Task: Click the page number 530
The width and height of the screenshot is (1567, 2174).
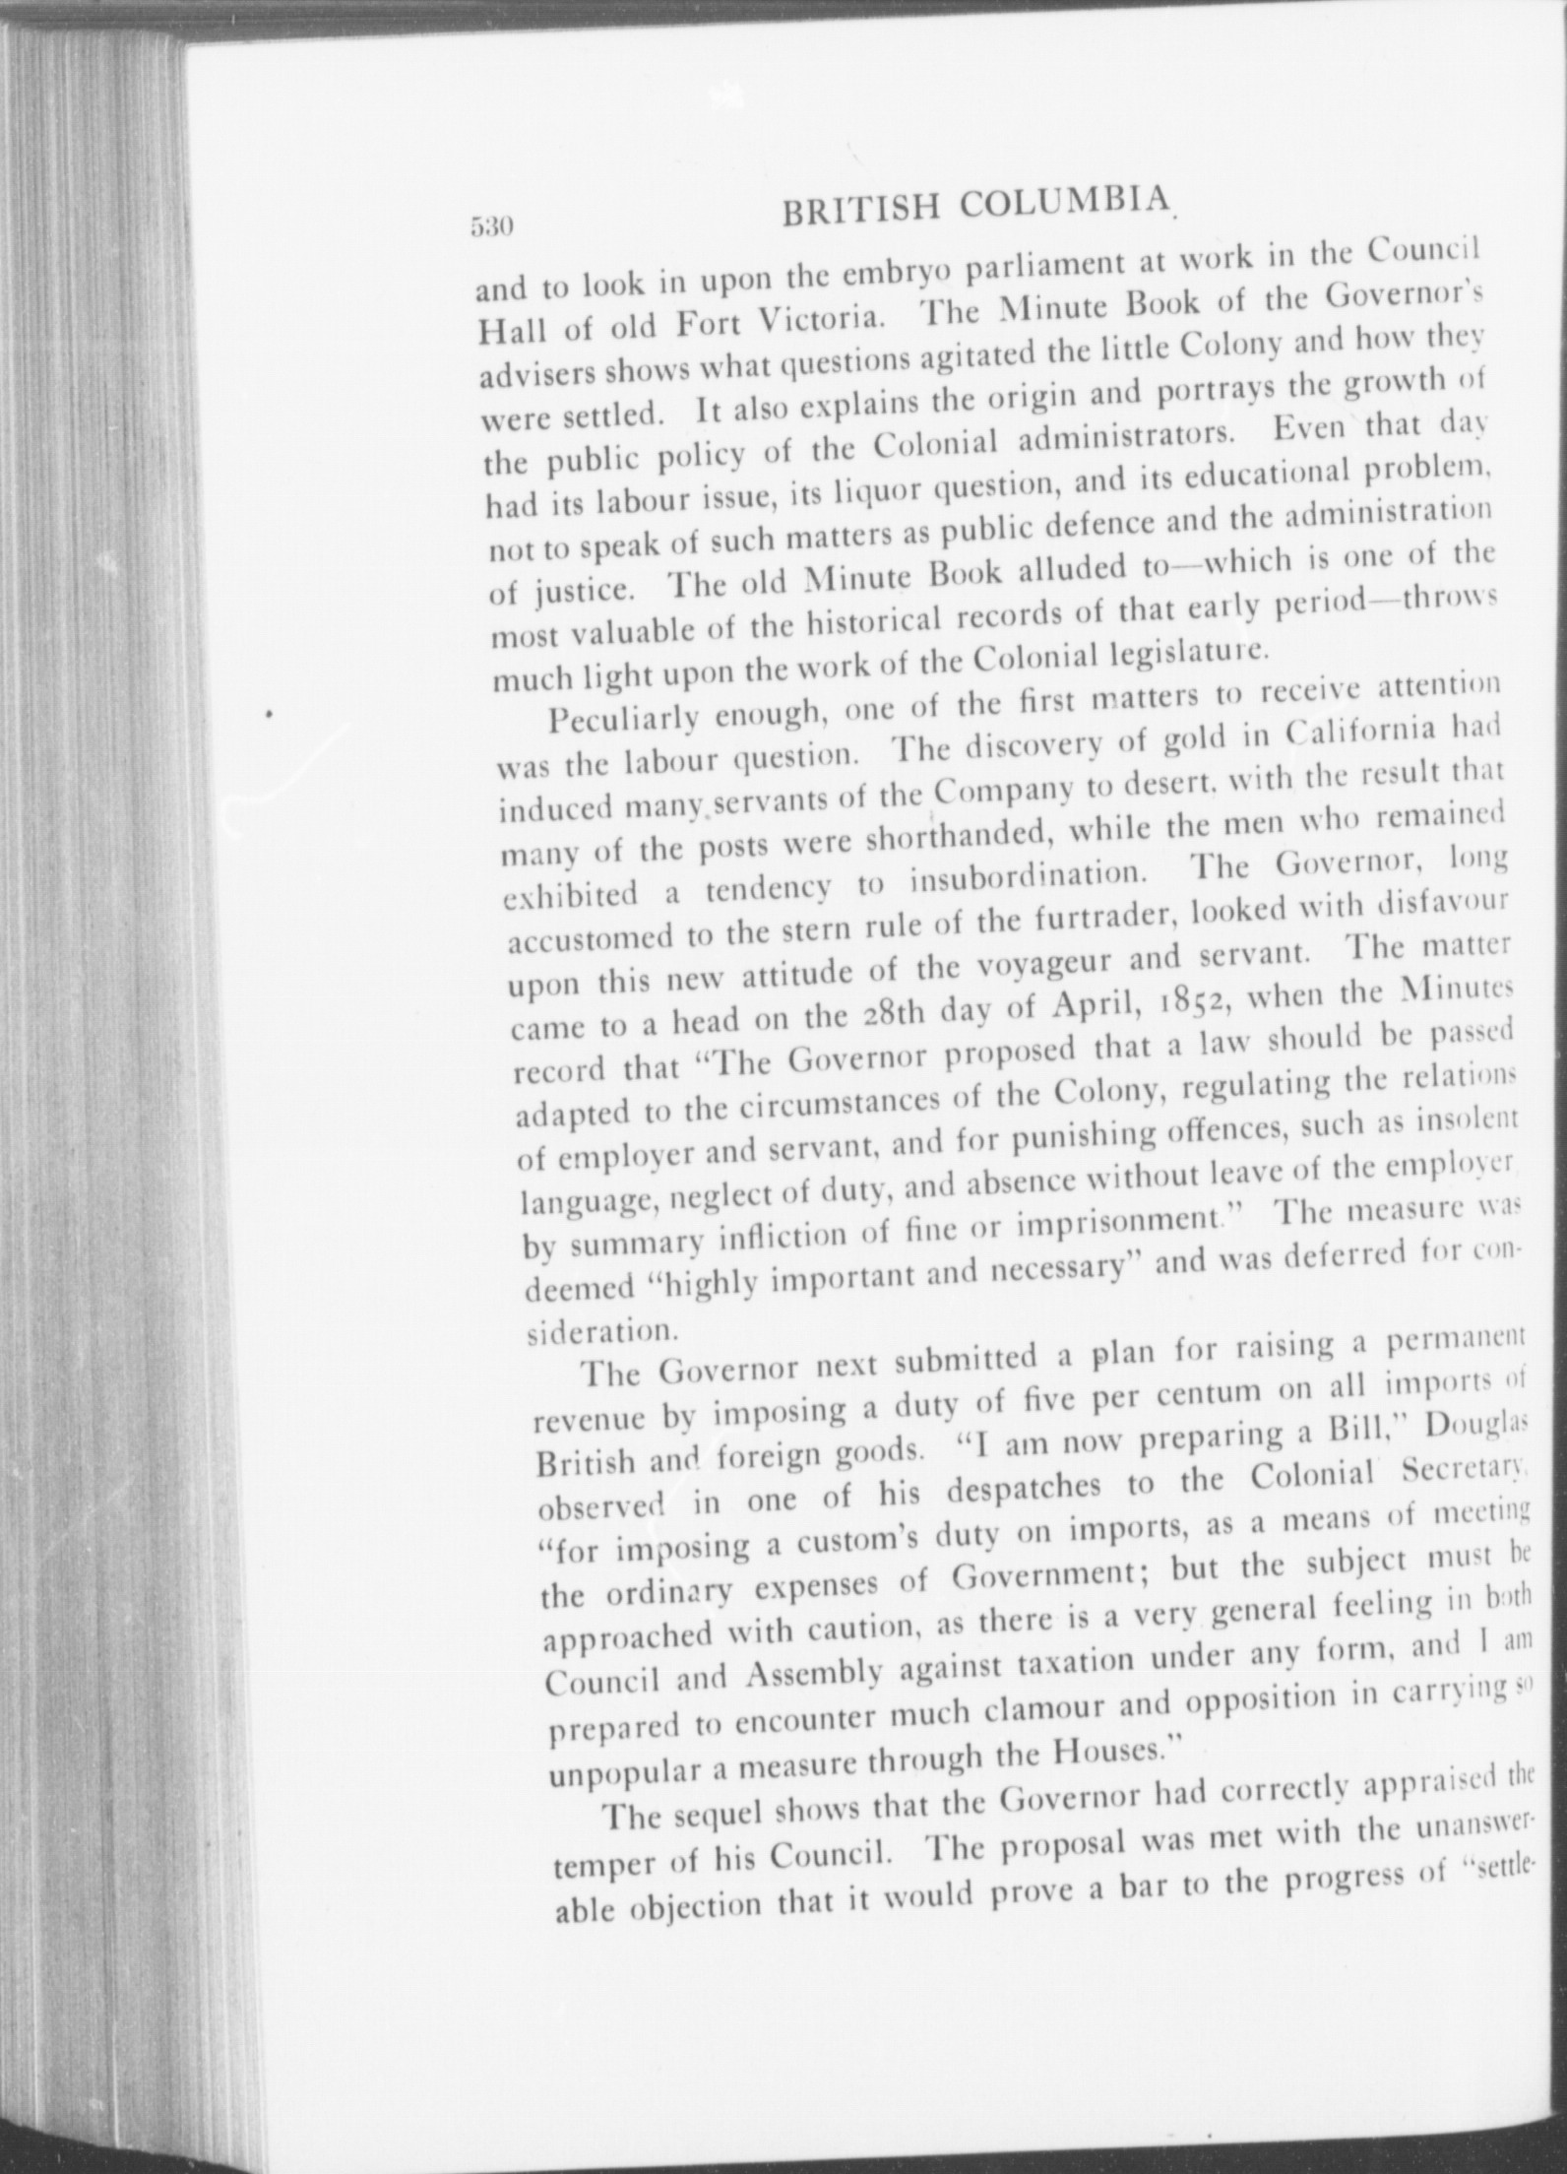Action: [489, 228]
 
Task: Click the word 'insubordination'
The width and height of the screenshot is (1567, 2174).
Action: [1024, 875]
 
